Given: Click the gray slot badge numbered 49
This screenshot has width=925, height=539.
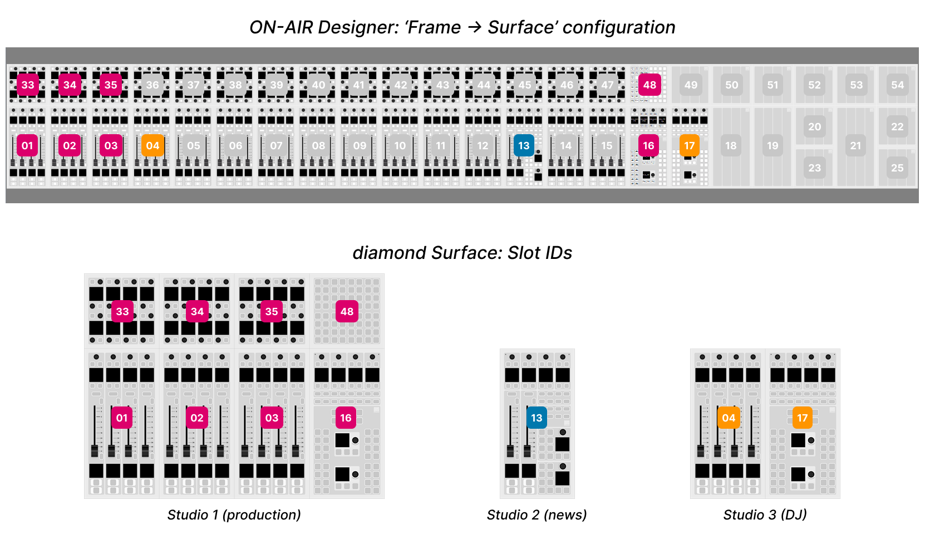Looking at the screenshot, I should click(691, 85).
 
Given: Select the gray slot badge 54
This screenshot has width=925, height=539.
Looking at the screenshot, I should click(897, 85).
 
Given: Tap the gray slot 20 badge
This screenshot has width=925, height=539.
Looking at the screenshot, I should click(814, 127).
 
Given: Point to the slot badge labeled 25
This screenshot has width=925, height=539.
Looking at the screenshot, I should click(897, 168).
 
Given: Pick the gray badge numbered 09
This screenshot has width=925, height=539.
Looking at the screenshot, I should click(360, 146).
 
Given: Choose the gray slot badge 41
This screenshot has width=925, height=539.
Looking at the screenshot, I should click(359, 85).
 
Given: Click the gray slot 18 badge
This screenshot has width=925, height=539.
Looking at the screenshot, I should click(731, 146).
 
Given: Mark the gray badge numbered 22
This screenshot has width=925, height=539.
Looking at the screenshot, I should click(897, 127).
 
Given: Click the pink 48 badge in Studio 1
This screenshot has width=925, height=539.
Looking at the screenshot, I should click(347, 312).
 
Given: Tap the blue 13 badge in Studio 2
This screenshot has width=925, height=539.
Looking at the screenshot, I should click(537, 418).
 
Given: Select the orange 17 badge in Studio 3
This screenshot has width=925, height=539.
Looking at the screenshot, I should click(802, 418).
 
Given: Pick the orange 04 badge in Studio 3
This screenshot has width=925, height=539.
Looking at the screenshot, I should click(729, 418).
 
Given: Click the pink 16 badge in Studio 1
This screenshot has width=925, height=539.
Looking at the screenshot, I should click(346, 418).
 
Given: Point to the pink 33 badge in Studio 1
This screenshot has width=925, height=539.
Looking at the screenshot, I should click(122, 312).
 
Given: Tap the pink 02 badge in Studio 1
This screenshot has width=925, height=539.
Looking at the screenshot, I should click(197, 418).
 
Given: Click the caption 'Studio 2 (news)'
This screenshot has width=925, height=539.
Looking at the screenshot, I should click(537, 515).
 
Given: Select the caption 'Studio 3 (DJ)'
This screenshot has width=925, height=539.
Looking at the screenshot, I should click(765, 515).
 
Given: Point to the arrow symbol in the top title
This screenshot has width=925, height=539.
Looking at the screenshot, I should click(474, 27).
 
